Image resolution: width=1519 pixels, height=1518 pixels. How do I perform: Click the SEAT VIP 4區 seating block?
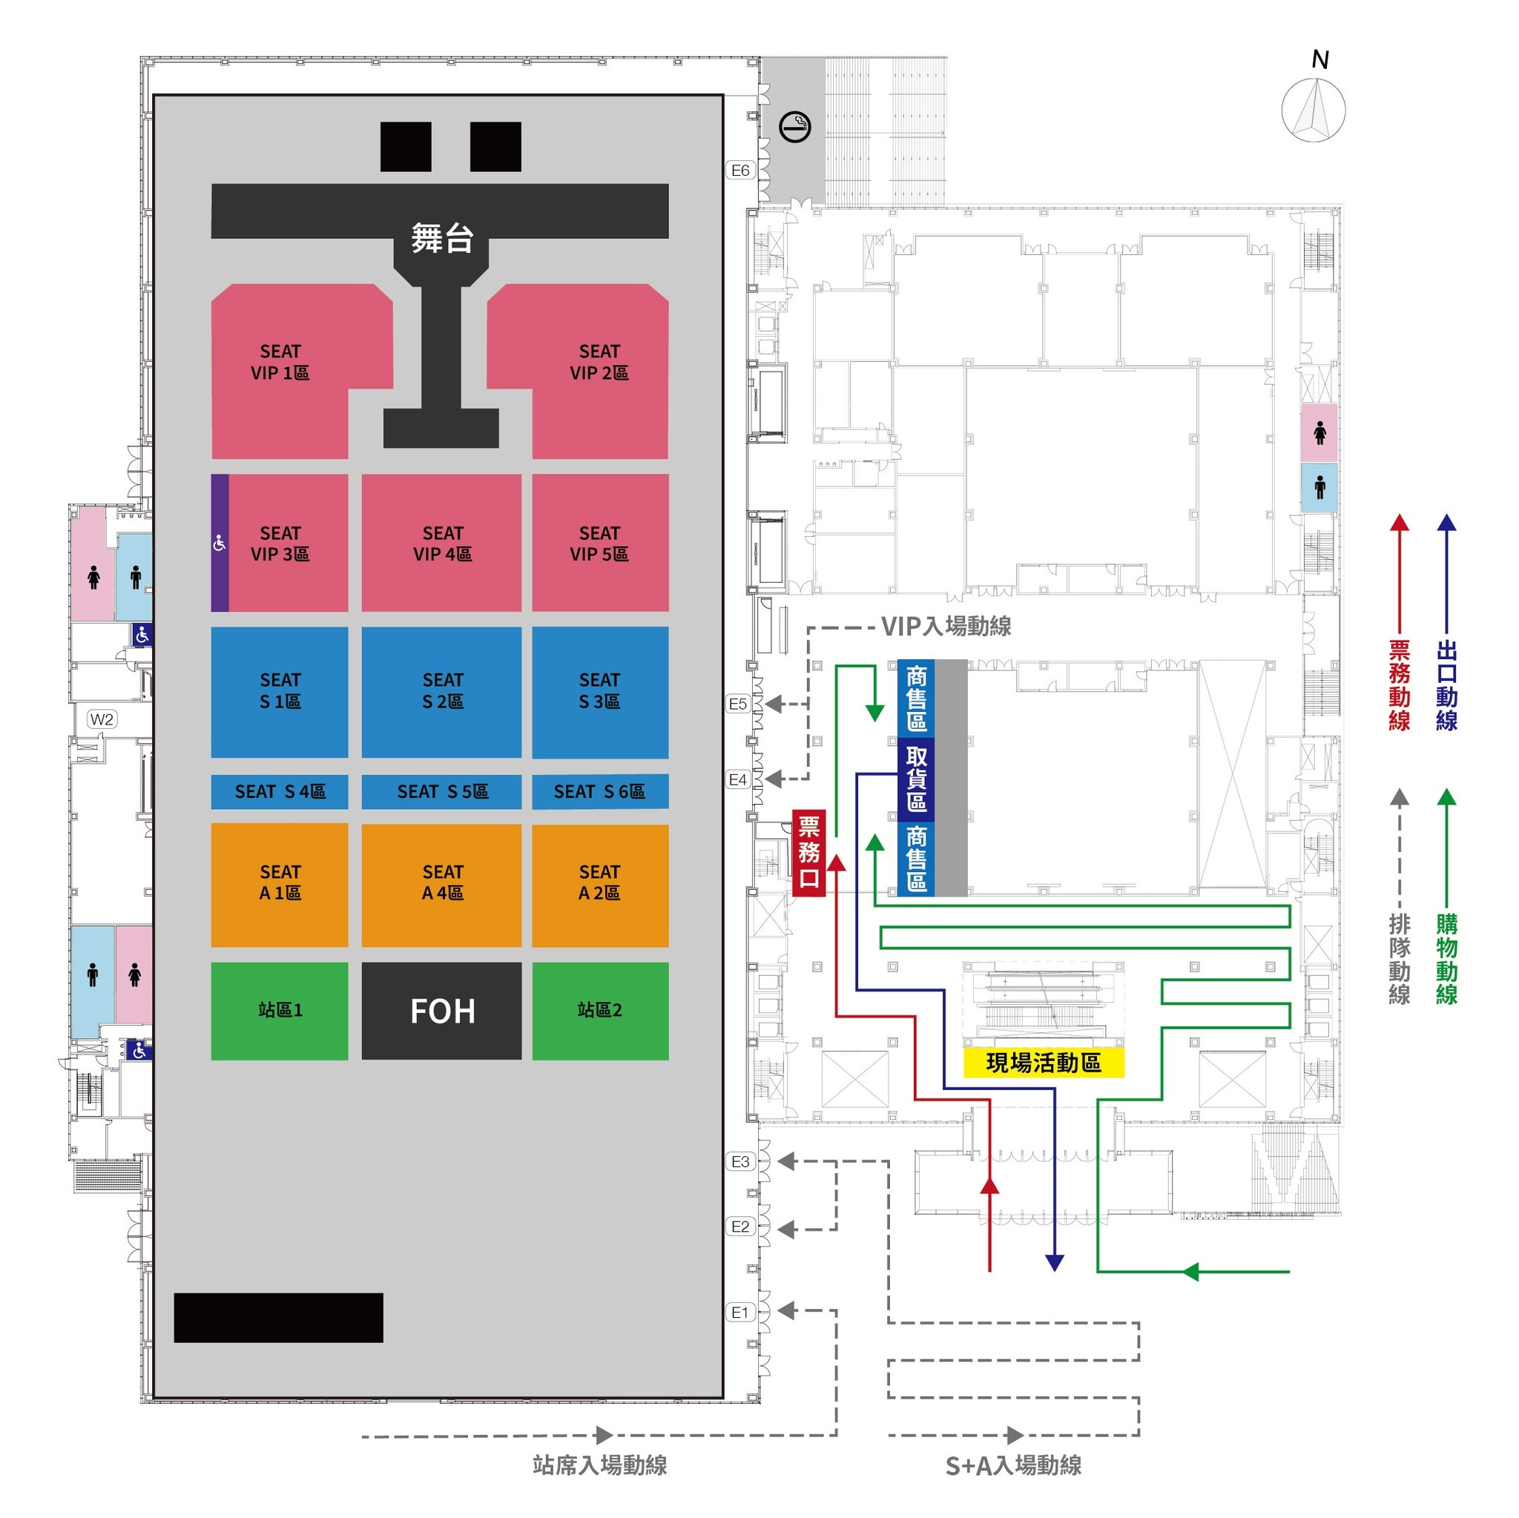coord(441,542)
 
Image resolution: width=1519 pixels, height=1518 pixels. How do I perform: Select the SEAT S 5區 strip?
coord(441,791)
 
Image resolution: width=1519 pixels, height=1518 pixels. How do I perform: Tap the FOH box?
coord(441,1011)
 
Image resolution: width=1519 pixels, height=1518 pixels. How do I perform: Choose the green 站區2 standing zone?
coord(600,1011)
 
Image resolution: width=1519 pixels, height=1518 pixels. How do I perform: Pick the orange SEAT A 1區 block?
coord(279,885)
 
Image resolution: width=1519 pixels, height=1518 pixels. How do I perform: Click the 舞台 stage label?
coord(442,238)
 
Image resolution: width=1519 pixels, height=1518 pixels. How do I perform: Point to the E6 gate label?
coord(739,171)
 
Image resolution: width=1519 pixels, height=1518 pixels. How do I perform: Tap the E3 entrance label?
coord(739,1161)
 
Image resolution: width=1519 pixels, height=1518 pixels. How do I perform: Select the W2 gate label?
coord(102,719)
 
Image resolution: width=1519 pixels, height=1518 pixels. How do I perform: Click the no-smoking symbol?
coord(794,127)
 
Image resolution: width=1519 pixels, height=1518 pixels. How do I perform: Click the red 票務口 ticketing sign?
coord(809,853)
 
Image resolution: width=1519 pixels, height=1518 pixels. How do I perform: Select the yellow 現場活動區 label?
coord(1044,1063)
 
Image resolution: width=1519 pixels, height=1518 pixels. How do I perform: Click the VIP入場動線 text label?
coord(946,627)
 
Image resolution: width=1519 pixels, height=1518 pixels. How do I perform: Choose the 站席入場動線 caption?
coord(600,1465)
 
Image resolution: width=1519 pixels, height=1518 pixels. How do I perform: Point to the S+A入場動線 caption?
coord(1012,1465)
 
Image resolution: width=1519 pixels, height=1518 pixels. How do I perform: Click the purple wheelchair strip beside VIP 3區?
coord(220,542)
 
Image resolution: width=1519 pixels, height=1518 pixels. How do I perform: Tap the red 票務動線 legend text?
coord(1399,685)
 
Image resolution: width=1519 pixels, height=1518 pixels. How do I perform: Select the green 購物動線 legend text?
coord(1446,959)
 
